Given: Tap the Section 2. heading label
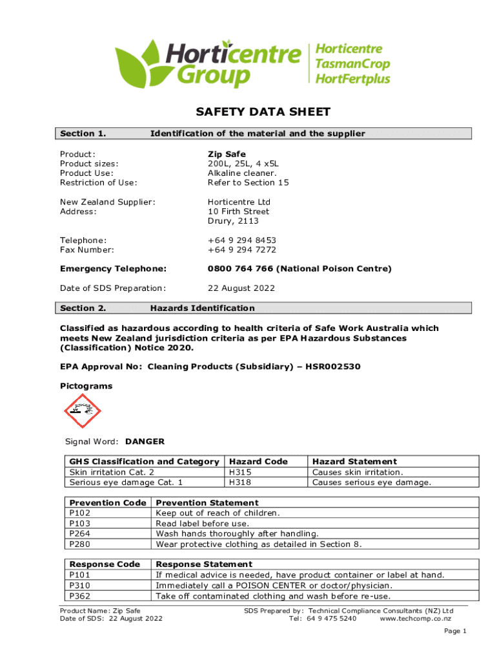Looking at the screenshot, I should pyautogui.click(x=83, y=308).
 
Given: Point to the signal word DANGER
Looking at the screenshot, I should pyautogui.click(x=145, y=442).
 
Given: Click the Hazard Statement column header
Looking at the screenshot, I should pyautogui.click(x=354, y=462).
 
